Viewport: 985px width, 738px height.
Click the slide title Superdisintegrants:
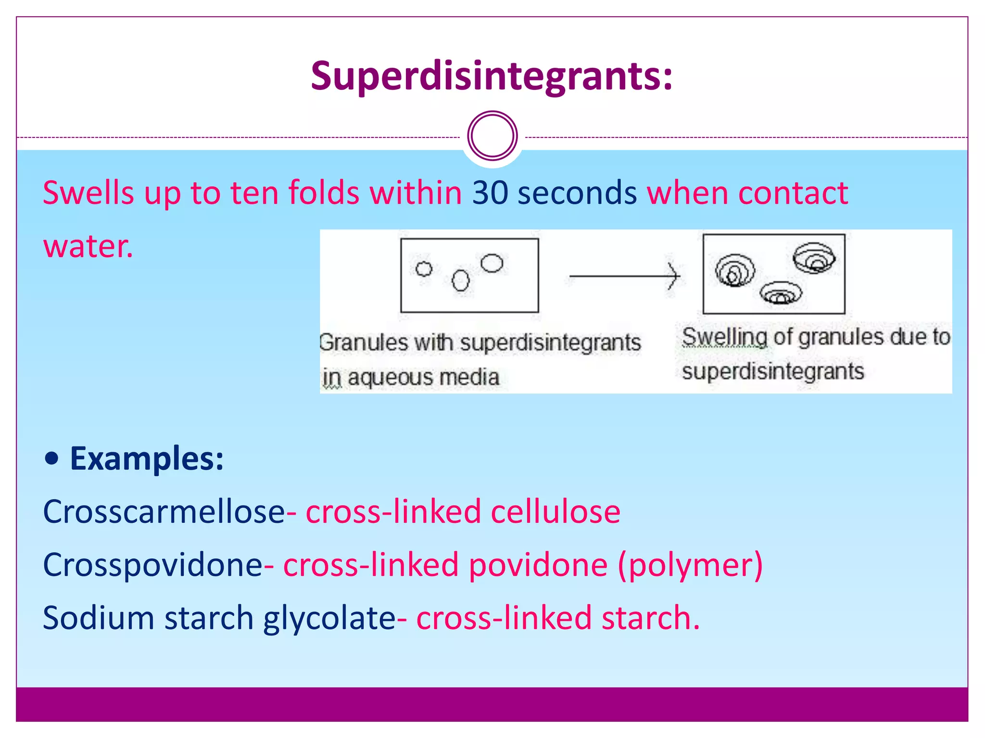tap(492, 76)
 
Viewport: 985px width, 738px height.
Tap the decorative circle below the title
tap(492, 136)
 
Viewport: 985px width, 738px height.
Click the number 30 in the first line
tap(490, 193)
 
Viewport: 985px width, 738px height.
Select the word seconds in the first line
tap(577, 193)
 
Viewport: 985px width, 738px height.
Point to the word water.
tap(88, 246)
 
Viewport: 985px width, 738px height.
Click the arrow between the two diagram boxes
tap(624, 276)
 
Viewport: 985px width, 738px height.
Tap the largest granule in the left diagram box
tap(492, 263)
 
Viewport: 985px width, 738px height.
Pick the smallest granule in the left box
tap(424, 269)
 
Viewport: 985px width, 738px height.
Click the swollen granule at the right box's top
tap(814, 258)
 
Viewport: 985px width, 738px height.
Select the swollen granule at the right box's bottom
tap(781, 293)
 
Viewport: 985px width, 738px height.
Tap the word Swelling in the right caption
tap(724, 337)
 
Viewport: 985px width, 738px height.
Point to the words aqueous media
tap(423, 378)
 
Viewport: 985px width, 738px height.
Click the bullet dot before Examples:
tap(51, 459)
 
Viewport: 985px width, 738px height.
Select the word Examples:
tap(147, 459)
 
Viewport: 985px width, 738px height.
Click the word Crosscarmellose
tap(164, 512)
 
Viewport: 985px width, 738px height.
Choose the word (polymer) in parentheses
tap(690, 566)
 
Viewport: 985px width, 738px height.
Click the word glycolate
tap(329, 618)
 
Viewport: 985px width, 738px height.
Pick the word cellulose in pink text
tap(556, 512)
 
